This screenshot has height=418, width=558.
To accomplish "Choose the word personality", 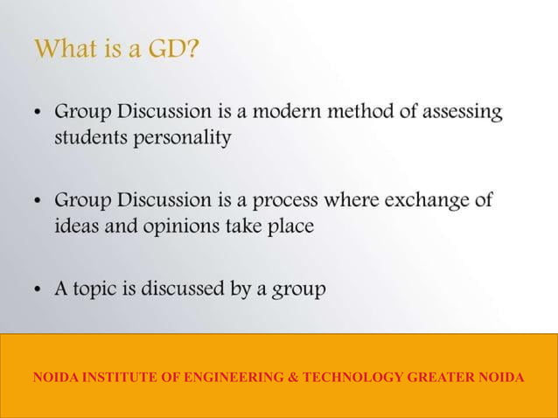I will point(182,138).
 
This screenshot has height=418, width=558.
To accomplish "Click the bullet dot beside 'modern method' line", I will point(38,114).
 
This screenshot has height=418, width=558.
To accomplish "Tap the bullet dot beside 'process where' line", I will point(38,201).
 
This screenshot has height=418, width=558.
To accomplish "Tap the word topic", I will point(98,289).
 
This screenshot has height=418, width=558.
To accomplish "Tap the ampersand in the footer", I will point(294,378).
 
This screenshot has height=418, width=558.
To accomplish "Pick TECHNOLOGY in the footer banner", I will point(352,378).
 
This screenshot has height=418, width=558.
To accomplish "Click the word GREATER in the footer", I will point(441,378).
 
